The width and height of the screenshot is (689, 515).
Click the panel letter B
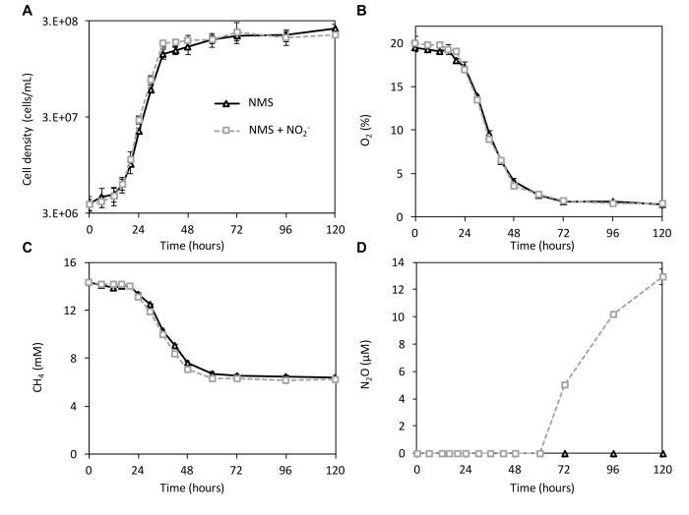[362, 11]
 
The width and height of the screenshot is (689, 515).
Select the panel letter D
[362, 249]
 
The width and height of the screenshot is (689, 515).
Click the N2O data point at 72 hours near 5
[564, 384]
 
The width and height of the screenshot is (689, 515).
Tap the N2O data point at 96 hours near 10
[613, 315]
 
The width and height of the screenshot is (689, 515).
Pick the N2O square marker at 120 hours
[662, 276]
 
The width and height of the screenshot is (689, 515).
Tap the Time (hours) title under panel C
[213, 488]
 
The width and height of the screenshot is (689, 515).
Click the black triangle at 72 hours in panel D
[564, 453]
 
